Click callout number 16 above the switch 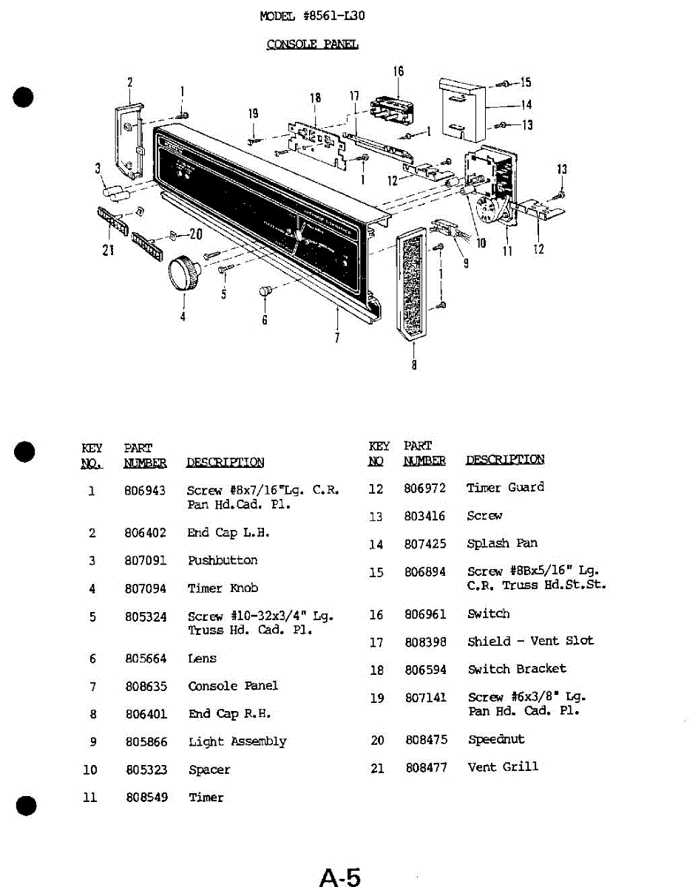pyautogui.click(x=399, y=72)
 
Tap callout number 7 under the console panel pyautogui.click(x=337, y=338)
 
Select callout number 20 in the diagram pyautogui.click(x=195, y=234)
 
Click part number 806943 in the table pyautogui.click(x=145, y=491)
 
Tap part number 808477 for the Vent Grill pyautogui.click(x=426, y=768)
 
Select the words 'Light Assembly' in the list pyautogui.click(x=237, y=741)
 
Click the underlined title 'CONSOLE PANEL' pyautogui.click(x=312, y=44)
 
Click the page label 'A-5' pyautogui.click(x=340, y=877)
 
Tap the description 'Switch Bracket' pyautogui.click(x=517, y=669)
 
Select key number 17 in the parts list pyautogui.click(x=376, y=643)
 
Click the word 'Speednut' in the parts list pyautogui.click(x=496, y=739)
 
